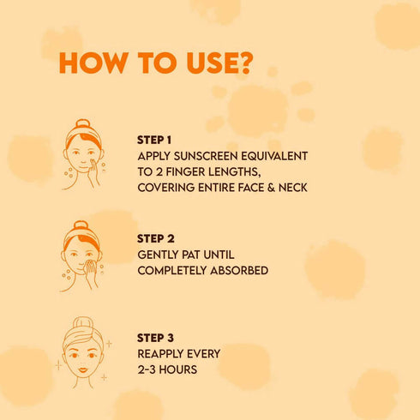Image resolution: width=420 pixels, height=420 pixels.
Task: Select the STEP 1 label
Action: pyautogui.click(x=154, y=140)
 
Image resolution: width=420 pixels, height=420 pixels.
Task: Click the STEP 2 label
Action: pyautogui.click(x=155, y=239)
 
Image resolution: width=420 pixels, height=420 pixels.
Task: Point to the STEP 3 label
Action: pyautogui.click(x=155, y=338)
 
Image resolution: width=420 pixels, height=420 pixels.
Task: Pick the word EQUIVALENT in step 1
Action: pyautogui.click(x=275, y=156)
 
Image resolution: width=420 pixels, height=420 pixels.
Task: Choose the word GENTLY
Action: pyautogui.click(x=159, y=255)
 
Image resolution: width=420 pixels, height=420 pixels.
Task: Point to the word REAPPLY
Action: pyautogui.click(x=165, y=353)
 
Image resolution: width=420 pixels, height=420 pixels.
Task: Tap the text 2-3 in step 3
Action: pyautogui.click(x=148, y=369)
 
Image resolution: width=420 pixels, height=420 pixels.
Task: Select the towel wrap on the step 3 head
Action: pyautogui.click(x=82, y=329)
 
